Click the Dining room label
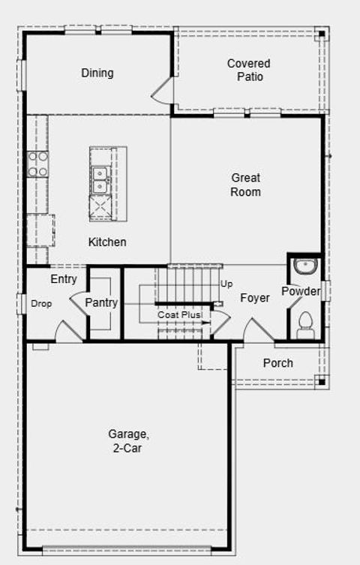(x=97, y=73)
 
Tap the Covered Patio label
(x=249, y=70)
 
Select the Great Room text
(x=245, y=185)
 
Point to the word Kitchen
(x=107, y=242)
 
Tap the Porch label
(x=277, y=363)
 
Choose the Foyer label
(x=255, y=298)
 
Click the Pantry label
(x=100, y=302)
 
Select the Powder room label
(x=301, y=291)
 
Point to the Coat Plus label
(x=179, y=315)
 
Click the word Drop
(x=41, y=304)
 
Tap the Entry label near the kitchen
(x=64, y=279)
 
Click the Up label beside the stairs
(x=226, y=284)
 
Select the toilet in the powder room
(x=305, y=323)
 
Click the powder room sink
(x=305, y=267)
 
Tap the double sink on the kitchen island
(x=100, y=180)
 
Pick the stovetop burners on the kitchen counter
(x=37, y=164)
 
